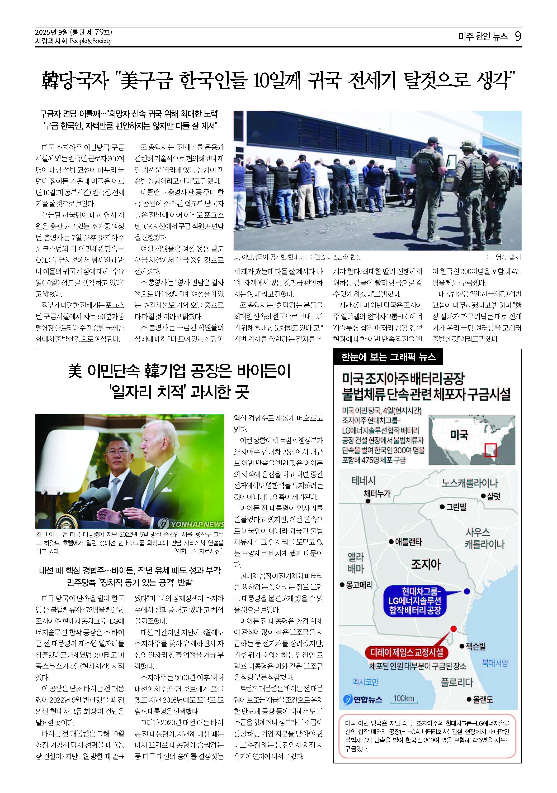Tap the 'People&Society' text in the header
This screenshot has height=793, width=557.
[x=91, y=41]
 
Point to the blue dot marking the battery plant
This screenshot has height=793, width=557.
[x=466, y=591]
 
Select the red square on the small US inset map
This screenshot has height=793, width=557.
[x=490, y=450]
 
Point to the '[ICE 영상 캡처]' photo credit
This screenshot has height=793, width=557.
[x=502, y=257]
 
